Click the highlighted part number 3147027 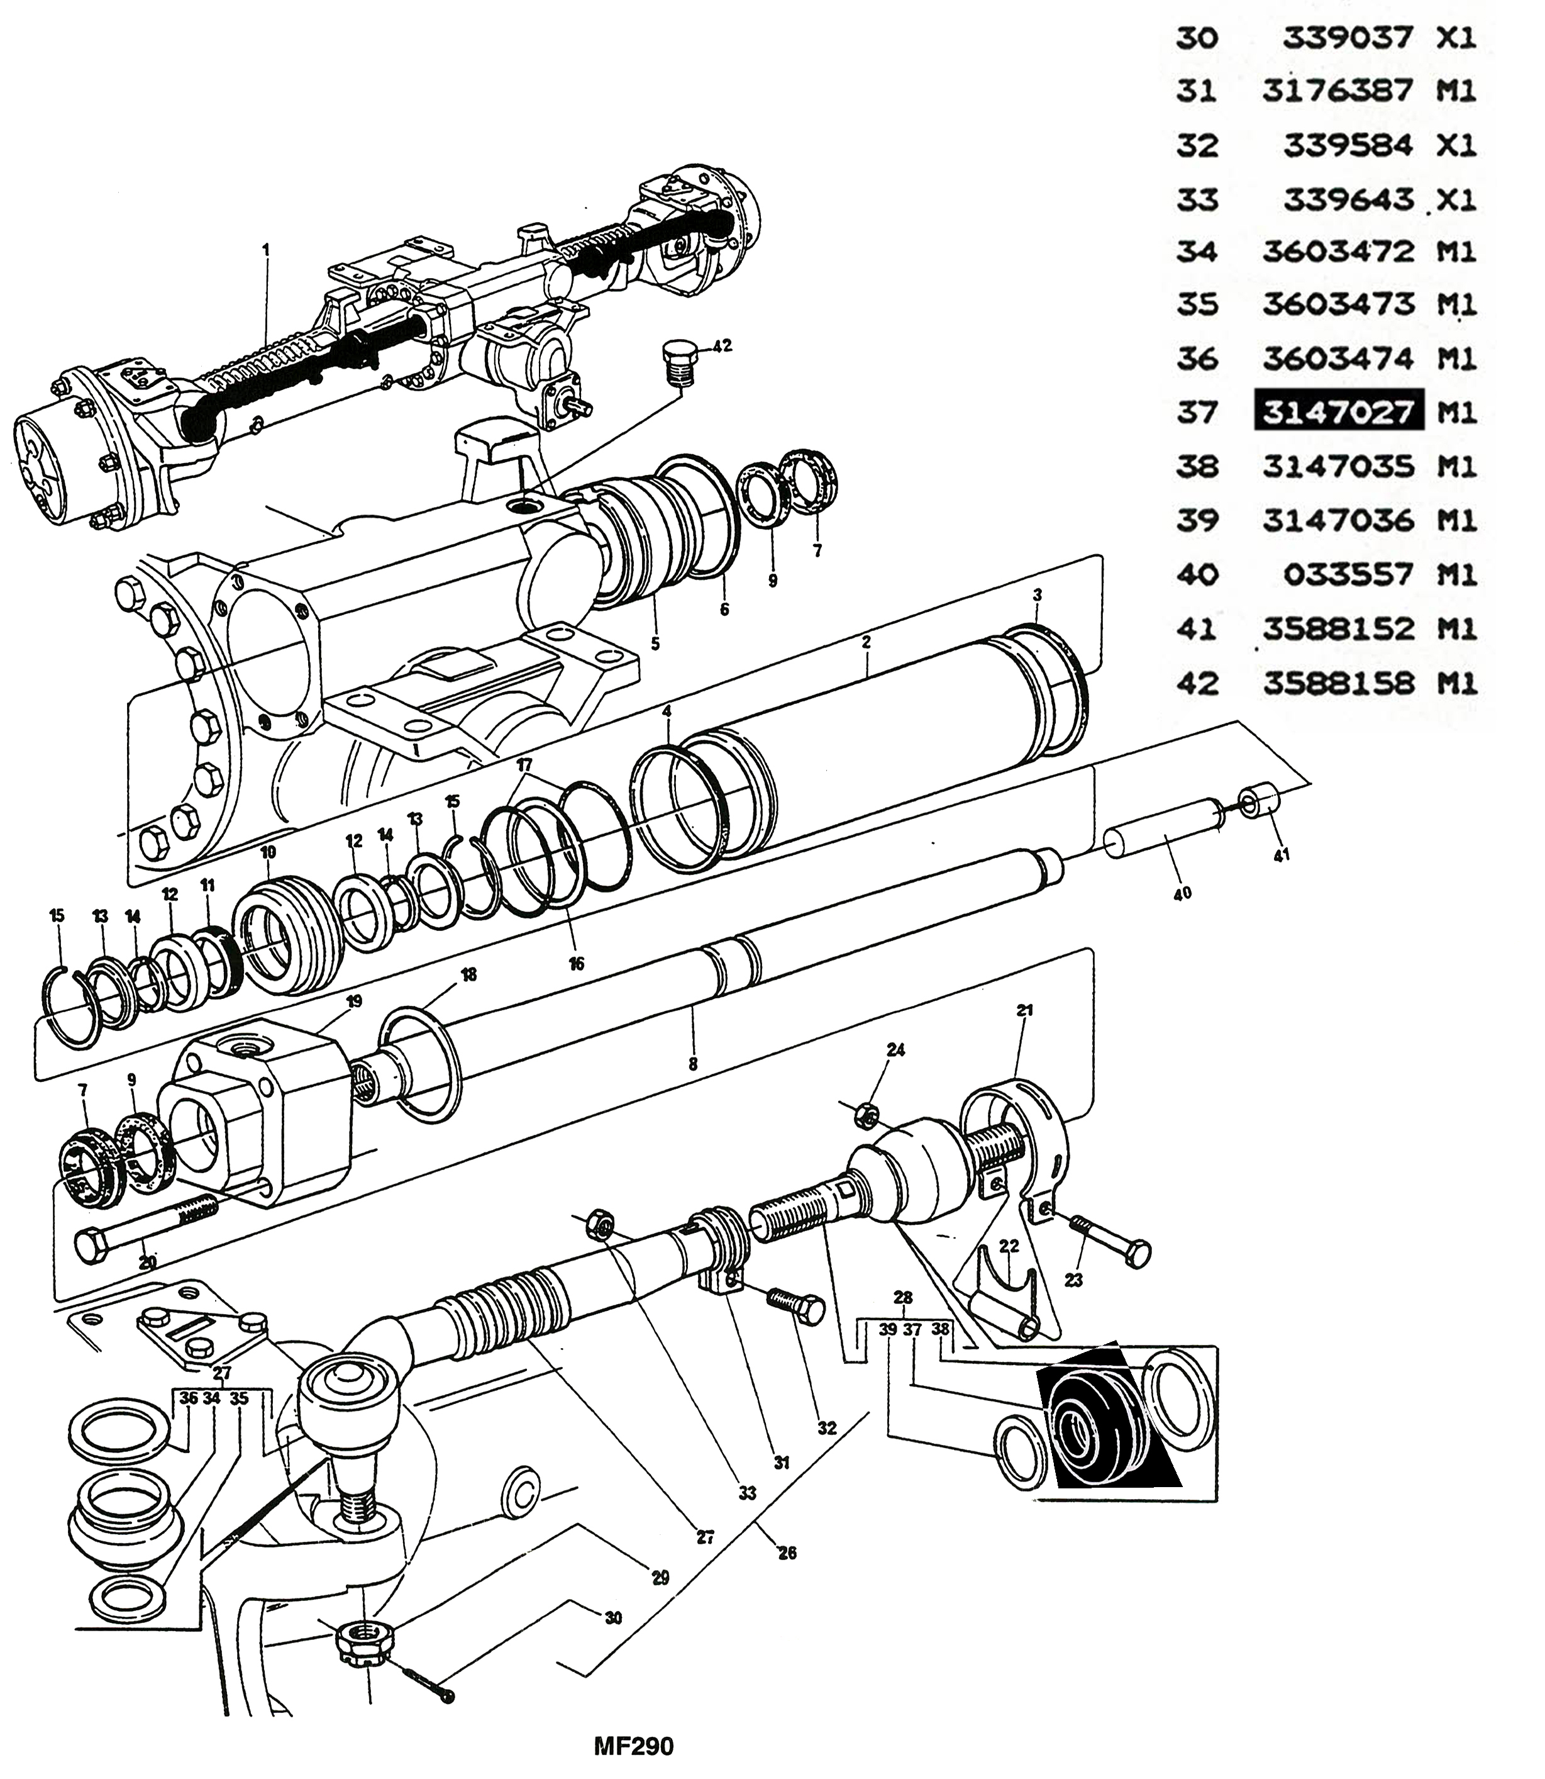pyautogui.click(x=1337, y=412)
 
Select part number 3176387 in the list pyautogui.click(x=1337, y=91)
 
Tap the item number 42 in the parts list pyautogui.click(x=1197, y=683)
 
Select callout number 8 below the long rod pyautogui.click(x=692, y=1065)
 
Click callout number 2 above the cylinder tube pyautogui.click(x=867, y=642)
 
